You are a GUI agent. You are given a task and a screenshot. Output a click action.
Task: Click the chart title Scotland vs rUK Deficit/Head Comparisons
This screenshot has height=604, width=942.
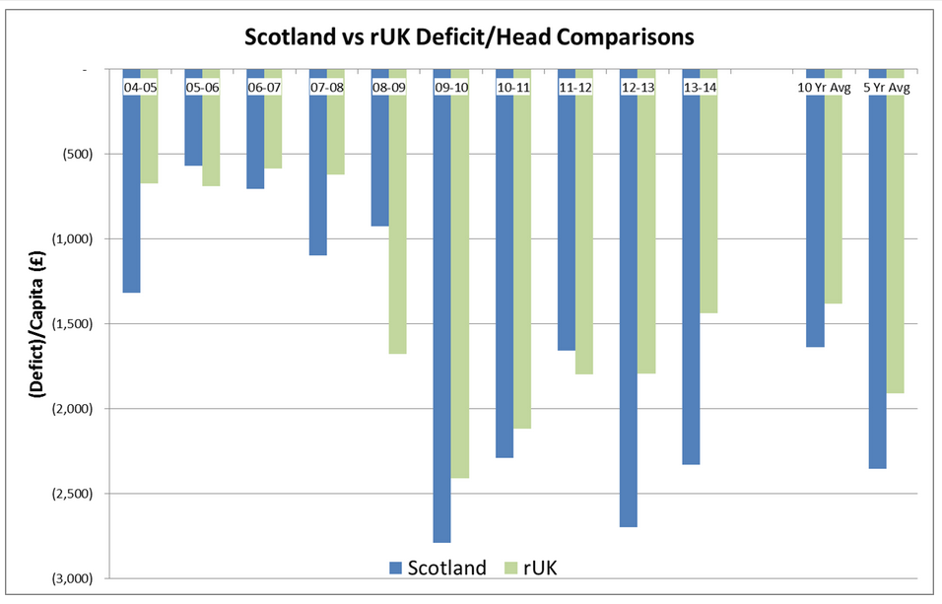coord(470,37)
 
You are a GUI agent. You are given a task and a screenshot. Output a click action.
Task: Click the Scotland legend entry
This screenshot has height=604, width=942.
coord(438,568)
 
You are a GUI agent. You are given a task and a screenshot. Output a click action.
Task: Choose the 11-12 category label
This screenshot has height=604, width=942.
coord(575,87)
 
